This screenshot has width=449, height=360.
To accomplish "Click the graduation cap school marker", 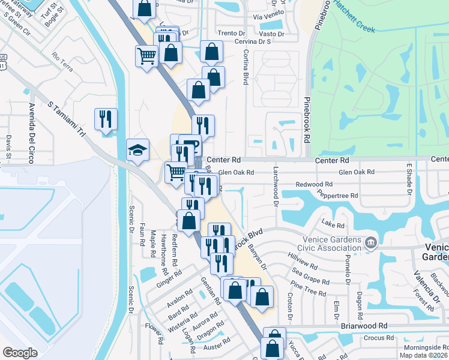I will tap(137, 151).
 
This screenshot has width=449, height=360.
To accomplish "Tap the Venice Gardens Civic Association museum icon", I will tap(370, 242).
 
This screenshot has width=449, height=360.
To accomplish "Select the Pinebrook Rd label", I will tap(307, 121).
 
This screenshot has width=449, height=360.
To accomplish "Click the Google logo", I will tap(20, 353).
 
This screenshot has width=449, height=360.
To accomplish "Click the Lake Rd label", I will tap(333, 226).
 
